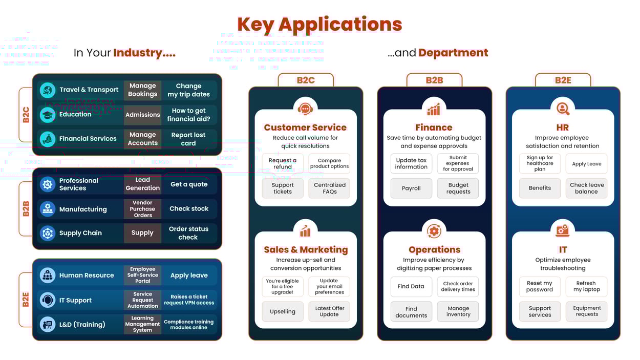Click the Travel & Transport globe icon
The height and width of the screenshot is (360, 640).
click(48, 90)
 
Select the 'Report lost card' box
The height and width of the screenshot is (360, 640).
click(188, 139)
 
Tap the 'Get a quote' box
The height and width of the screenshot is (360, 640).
click(189, 184)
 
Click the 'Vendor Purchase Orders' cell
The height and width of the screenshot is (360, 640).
click(142, 209)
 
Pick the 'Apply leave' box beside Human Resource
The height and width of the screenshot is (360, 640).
click(189, 276)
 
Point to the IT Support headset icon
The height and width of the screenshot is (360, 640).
click(48, 300)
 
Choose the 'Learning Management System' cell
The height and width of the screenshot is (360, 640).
click(142, 324)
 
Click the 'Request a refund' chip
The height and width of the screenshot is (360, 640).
click(283, 163)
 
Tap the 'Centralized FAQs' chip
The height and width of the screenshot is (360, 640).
click(330, 188)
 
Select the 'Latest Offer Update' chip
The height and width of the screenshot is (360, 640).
click(330, 311)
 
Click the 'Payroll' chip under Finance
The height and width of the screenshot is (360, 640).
click(411, 188)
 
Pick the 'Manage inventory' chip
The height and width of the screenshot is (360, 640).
click(458, 311)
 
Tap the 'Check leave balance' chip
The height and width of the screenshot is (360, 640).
click(586, 188)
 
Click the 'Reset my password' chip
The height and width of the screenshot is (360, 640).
click(540, 286)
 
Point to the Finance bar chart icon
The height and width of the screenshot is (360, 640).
click(434, 109)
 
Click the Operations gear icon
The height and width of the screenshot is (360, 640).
click(434, 231)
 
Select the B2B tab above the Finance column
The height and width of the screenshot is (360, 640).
click(434, 80)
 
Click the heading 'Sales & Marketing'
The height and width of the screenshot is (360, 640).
click(306, 250)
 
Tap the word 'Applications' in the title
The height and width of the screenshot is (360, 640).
click(340, 24)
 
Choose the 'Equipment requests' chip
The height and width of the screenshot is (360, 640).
click(586, 311)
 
